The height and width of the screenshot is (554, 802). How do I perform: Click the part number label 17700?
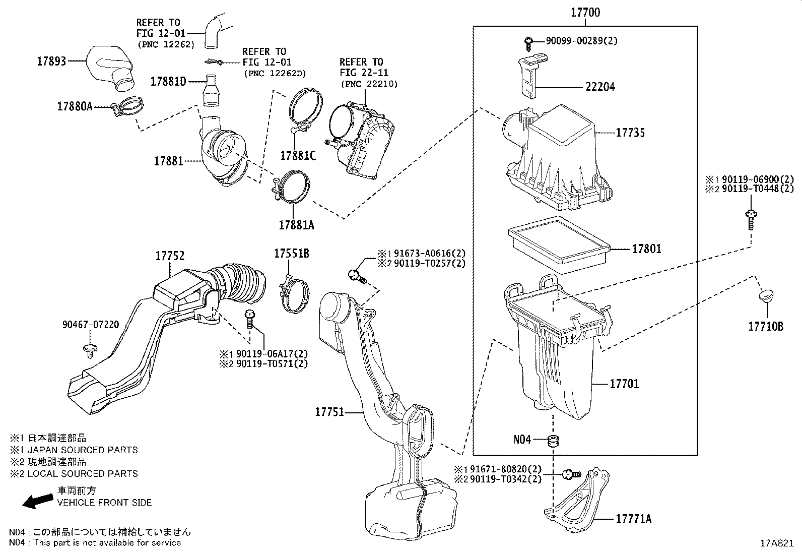click(x=585, y=13)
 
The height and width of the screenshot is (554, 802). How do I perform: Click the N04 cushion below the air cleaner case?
click(x=554, y=440)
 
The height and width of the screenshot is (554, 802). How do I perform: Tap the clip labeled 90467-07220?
click(x=90, y=350)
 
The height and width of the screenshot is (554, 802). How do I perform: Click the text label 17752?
click(x=170, y=256)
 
